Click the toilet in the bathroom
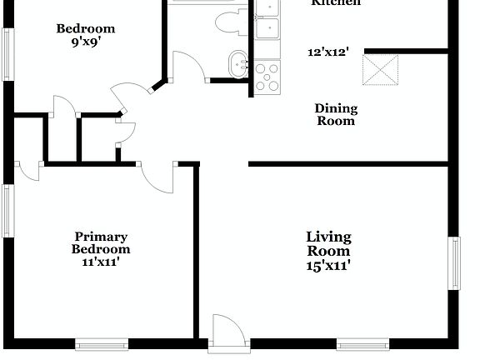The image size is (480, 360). [226, 22]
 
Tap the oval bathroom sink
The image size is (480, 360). [239, 62]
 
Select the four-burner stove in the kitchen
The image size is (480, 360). [267, 77]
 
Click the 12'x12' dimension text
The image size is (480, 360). [327, 52]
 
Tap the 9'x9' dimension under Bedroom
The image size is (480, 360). [86, 41]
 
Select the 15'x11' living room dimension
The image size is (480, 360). [328, 266]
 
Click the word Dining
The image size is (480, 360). [336, 108]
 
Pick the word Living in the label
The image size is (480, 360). [328, 237]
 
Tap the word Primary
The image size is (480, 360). [101, 237]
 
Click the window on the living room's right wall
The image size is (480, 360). [455, 263]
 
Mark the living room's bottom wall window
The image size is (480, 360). [362, 342]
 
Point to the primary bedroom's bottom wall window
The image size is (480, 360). [101, 342]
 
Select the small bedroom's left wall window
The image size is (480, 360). [7, 57]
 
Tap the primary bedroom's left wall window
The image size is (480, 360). [7, 212]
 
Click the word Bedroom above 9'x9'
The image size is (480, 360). [86, 29]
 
